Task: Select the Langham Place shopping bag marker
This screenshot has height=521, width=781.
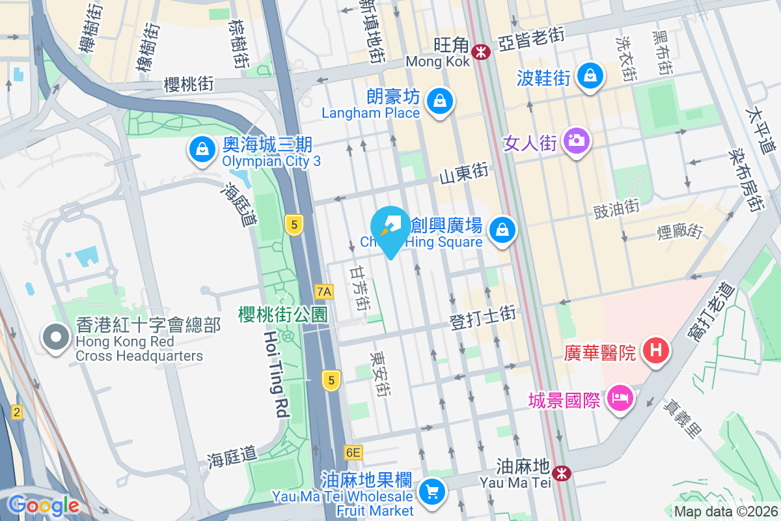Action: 440,101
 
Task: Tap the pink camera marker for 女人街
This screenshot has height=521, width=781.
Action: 576,140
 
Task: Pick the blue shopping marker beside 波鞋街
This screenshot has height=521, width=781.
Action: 590,76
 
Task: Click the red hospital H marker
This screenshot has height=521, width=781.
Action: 656,350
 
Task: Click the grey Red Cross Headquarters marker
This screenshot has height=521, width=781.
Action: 56,337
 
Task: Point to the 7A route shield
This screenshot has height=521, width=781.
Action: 323,291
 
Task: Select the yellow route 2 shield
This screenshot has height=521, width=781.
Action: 16,412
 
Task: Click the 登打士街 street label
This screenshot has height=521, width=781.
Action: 482,318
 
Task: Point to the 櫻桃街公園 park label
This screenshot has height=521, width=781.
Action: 282,315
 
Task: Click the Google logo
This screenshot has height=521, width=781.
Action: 43,505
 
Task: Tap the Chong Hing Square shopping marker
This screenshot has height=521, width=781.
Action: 502,229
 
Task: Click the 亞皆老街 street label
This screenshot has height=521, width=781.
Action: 530,39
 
